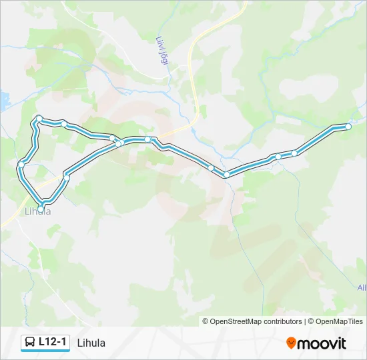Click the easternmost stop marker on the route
348,127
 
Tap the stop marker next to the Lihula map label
41,209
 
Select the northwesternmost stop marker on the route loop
39,119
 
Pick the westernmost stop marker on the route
21,163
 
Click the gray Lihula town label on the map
37,212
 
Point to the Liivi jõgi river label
163,50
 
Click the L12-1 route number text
53,342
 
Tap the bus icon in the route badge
30,343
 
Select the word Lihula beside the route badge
91,343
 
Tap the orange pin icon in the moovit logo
292,343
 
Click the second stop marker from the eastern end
294,153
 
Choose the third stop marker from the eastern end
278,157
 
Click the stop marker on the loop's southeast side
66,177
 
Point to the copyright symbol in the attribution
206,321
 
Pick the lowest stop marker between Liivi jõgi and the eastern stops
226,175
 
